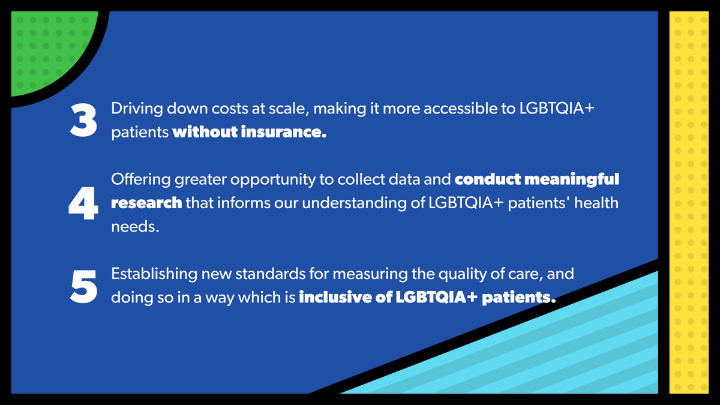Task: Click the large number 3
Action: click(x=83, y=120)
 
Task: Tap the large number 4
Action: click(x=83, y=204)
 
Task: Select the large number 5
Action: click(x=83, y=286)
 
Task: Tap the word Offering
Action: click(x=140, y=179)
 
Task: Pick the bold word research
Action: click(x=146, y=203)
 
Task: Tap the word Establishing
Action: click(x=154, y=274)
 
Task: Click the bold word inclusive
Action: click(x=335, y=297)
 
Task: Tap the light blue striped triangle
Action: click(x=540, y=354)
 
